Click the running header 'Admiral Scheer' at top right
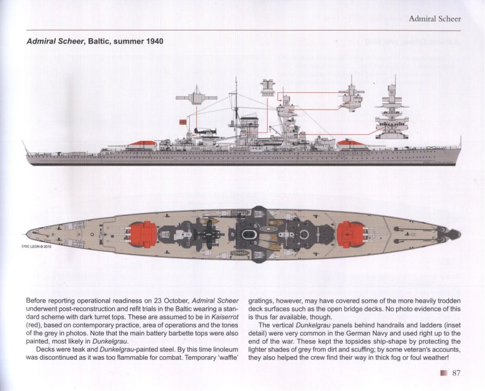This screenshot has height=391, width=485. [435, 19]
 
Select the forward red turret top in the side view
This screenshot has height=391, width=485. [352, 143]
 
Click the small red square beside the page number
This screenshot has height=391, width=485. [443, 374]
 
